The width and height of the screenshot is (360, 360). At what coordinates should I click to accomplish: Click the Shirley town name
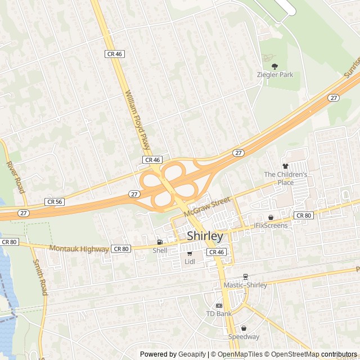tap(205, 236)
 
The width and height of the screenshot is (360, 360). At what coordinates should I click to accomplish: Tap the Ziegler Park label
tap(275, 74)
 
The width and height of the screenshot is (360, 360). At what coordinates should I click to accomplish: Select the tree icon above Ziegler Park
tap(274, 66)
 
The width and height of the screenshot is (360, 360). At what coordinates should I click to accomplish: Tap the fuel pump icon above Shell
tap(160, 242)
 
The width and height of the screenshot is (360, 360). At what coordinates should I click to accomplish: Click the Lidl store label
tap(190, 262)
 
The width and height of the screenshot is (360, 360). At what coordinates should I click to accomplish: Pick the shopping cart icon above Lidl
tap(190, 254)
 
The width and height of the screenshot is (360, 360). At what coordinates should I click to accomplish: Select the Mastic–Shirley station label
tap(245, 285)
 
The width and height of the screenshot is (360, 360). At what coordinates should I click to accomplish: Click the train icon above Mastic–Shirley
tap(245, 277)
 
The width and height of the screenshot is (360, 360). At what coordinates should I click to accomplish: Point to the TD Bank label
tap(219, 313)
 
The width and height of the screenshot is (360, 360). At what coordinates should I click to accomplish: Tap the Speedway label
tap(244, 337)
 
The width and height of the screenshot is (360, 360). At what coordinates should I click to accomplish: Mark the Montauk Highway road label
tap(79, 249)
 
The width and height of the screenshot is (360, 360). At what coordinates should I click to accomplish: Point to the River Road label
tap(16, 177)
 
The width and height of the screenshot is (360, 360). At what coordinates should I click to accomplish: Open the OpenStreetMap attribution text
tap(293, 354)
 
